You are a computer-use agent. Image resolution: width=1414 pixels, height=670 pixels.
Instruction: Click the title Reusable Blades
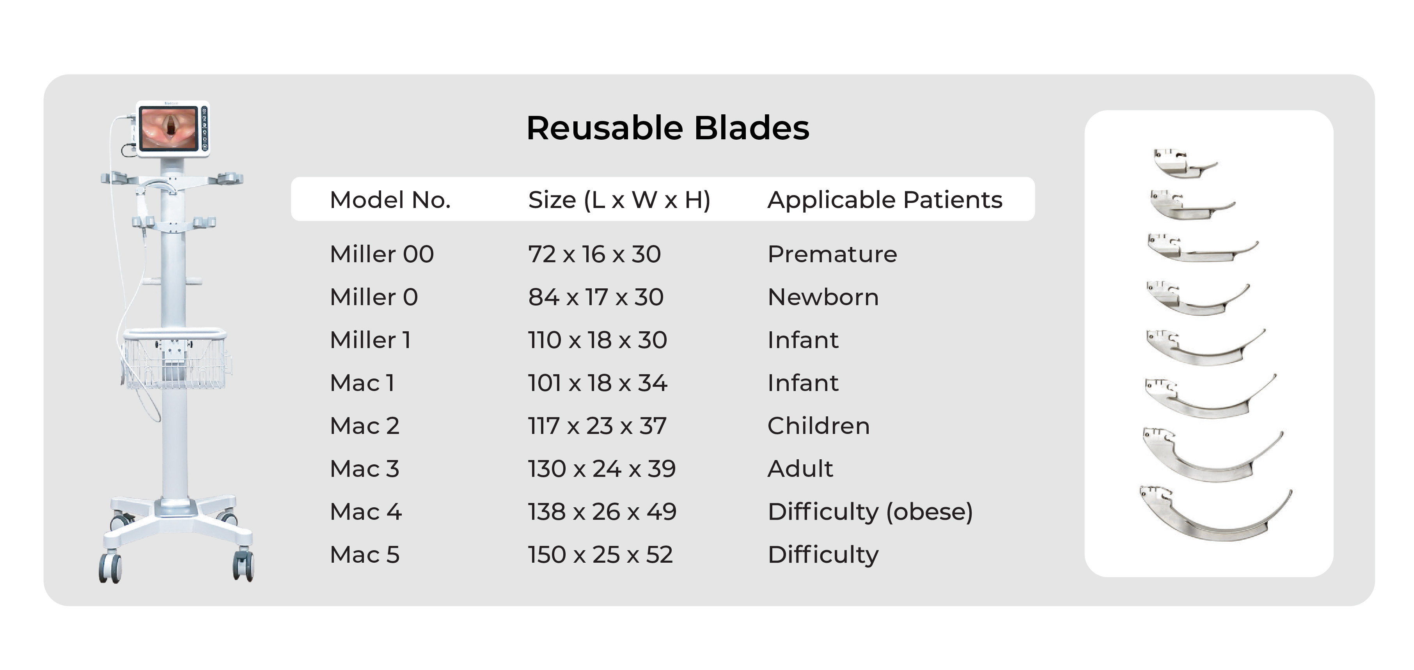click(667, 128)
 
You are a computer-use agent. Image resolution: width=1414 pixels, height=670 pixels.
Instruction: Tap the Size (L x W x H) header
click(619, 200)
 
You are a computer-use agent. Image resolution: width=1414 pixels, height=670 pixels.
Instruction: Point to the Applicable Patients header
click(885, 200)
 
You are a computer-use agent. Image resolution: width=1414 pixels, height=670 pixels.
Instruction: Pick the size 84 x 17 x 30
click(596, 297)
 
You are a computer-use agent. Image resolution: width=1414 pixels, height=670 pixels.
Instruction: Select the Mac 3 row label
click(364, 468)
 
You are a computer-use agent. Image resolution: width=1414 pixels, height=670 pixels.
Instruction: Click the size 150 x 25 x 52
click(600, 554)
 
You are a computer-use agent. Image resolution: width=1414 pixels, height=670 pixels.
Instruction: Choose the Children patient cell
click(818, 426)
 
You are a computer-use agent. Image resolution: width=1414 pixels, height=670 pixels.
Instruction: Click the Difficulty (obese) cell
click(870, 512)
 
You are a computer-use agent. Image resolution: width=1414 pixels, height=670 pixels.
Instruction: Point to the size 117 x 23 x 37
click(597, 426)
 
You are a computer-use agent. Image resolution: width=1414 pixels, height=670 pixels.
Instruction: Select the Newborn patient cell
click(823, 297)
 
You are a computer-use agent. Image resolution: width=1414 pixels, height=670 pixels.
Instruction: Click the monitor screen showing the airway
click(169, 128)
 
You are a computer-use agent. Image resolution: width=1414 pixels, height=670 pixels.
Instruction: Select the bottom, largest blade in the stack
click(1216, 514)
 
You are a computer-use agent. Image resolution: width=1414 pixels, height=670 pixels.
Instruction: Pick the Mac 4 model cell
click(365, 512)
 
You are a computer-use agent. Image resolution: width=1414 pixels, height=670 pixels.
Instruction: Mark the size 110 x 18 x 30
click(597, 340)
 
